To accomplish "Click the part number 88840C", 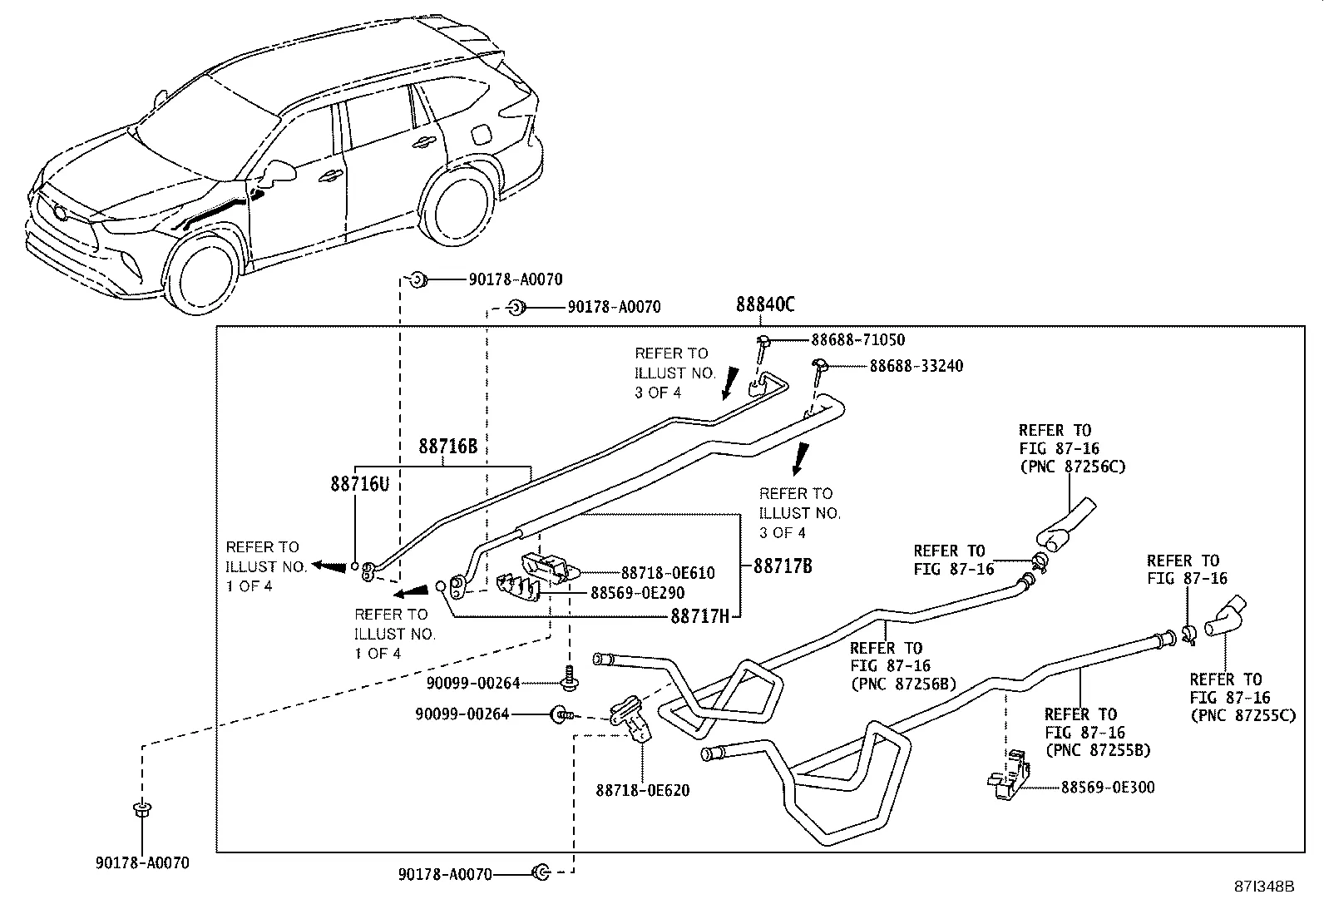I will point(765,305).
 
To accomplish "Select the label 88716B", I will point(447,447).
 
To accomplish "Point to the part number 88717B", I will point(783,566).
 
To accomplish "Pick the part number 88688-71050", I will point(857,340).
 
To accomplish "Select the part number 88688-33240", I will point(916,366).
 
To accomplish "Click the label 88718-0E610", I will point(668,573).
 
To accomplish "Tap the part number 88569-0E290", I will point(637,593).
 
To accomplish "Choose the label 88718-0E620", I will point(642,790).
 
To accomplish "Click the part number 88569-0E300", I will point(1107,787).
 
